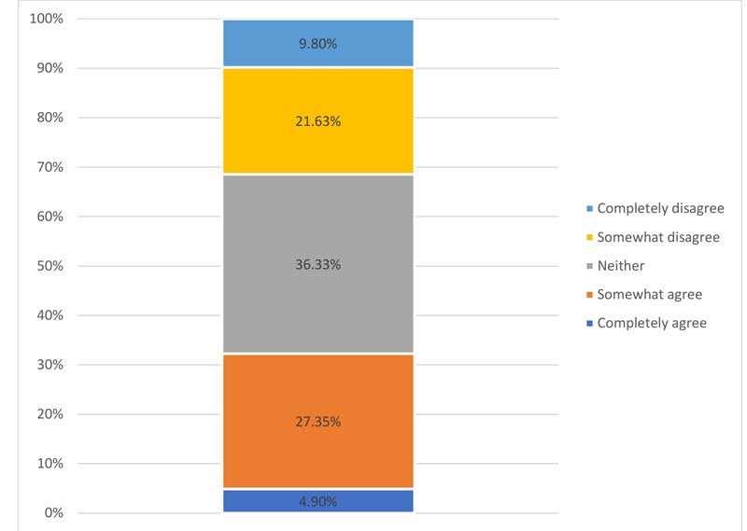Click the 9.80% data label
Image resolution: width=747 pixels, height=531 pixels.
(x=318, y=43)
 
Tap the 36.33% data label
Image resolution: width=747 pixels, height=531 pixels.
(x=318, y=264)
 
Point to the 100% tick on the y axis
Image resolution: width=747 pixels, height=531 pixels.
(x=45, y=19)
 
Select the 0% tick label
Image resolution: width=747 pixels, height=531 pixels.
(x=52, y=512)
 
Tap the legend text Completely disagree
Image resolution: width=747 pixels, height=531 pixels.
(x=660, y=208)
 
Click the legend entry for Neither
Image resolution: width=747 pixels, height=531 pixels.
(x=621, y=266)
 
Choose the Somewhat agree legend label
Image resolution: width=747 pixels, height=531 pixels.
(x=649, y=294)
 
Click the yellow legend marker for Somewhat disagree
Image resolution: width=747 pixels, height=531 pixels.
(x=588, y=237)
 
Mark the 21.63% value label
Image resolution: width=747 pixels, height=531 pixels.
(x=318, y=119)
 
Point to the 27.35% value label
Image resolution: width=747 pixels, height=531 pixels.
(x=318, y=421)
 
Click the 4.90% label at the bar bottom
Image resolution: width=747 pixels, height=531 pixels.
(x=318, y=501)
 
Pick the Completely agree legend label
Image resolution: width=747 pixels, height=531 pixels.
(x=652, y=323)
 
